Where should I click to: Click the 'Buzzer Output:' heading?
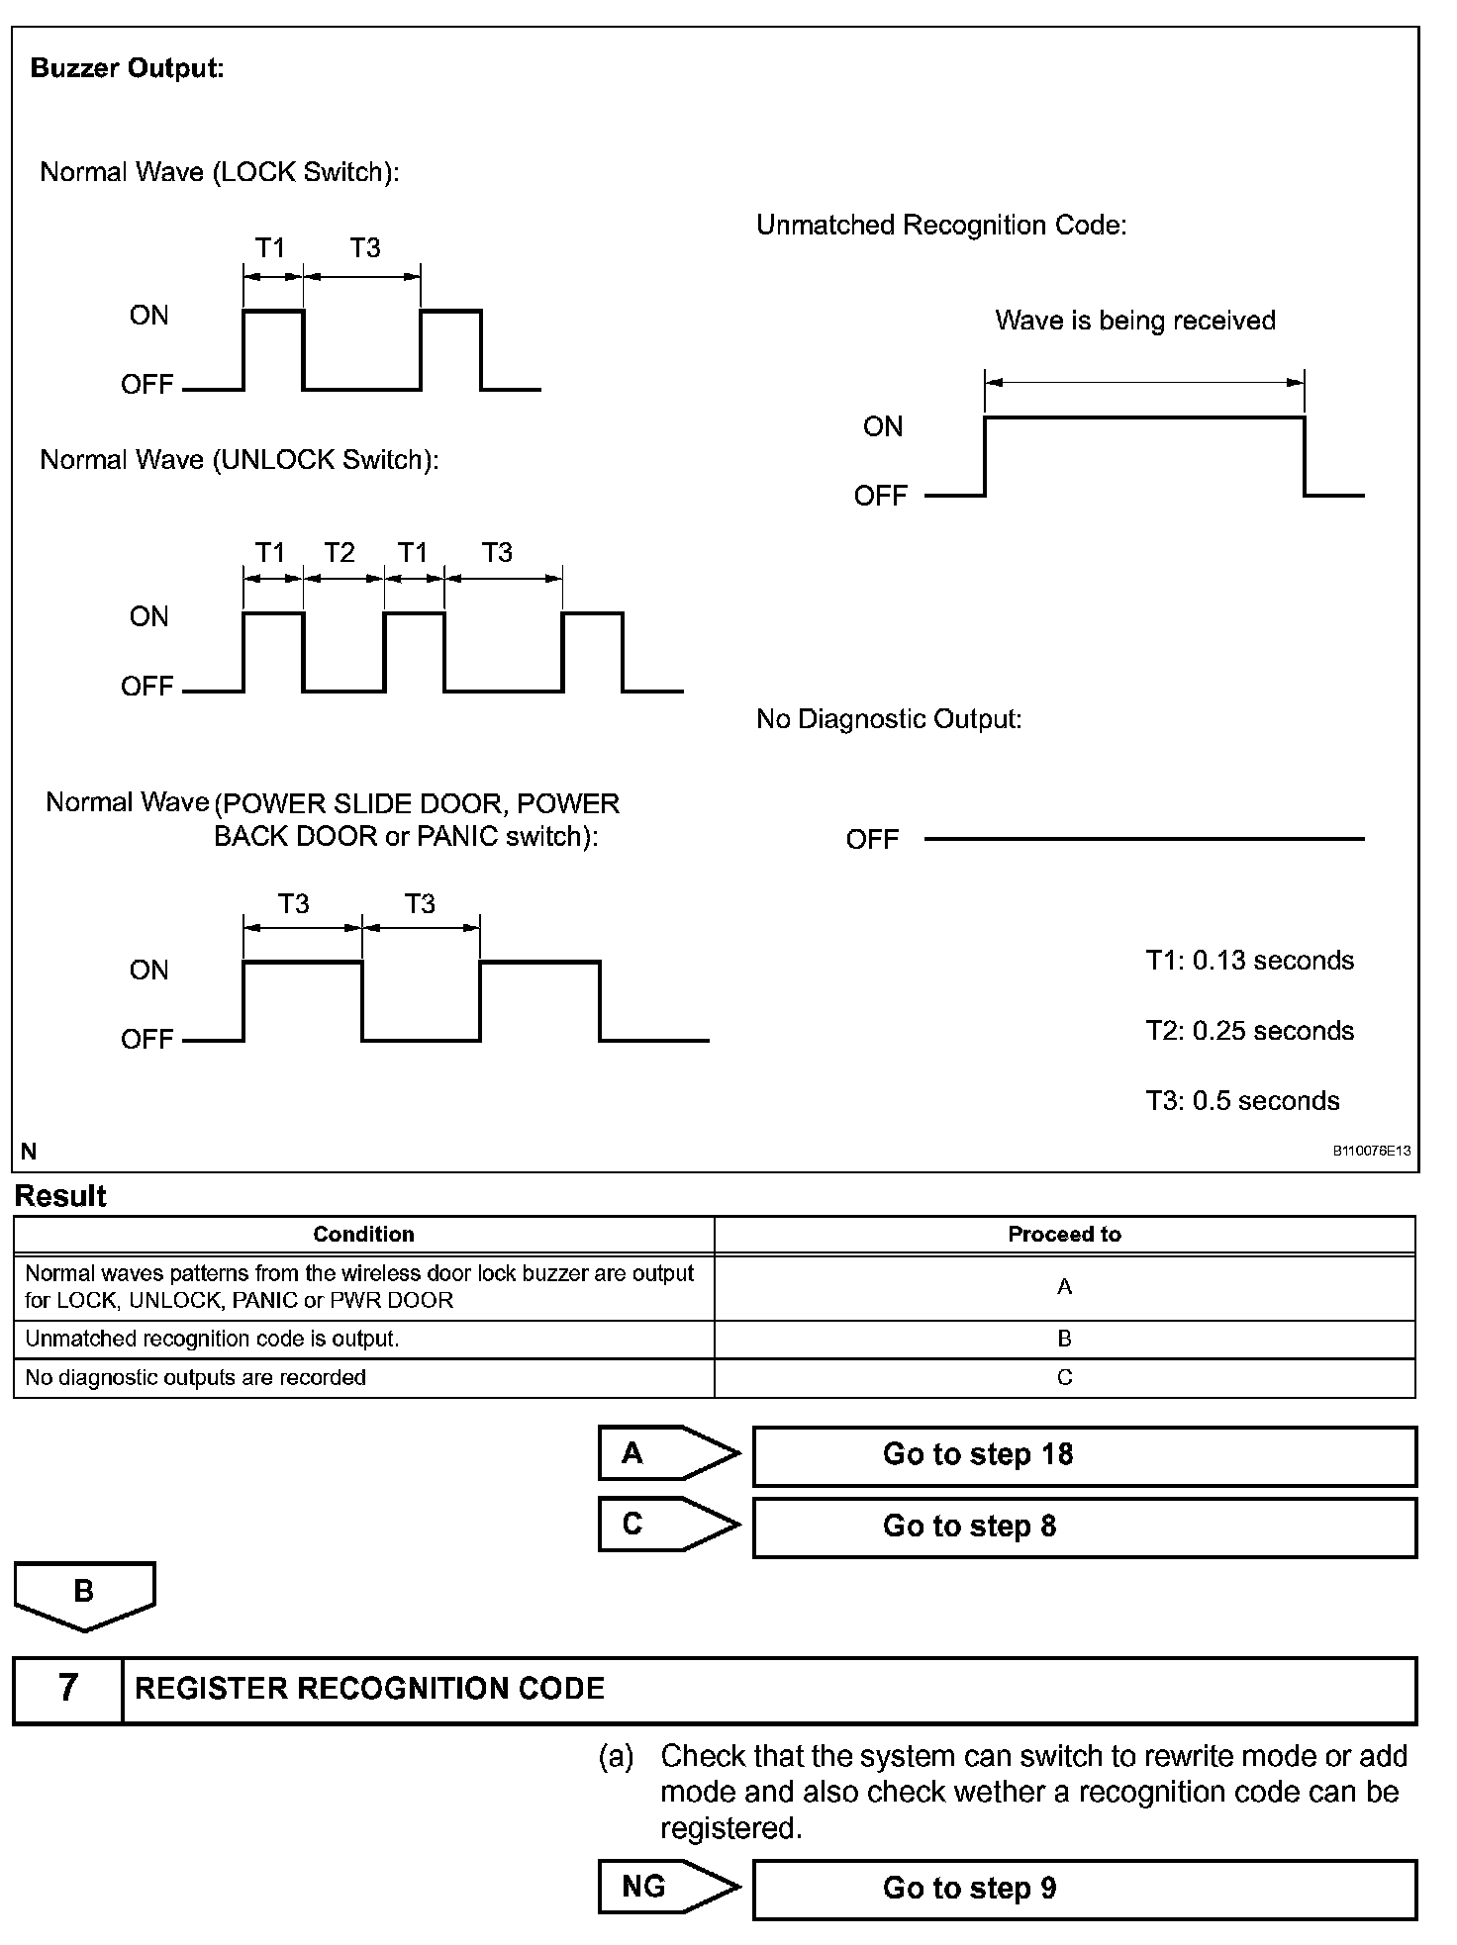click(x=128, y=68)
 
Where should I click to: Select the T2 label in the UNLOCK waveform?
click(x=340, y=552)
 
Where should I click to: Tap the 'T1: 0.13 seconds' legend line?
click(x=1249, y=961)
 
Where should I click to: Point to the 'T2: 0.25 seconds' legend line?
click(x=1249, y=1031)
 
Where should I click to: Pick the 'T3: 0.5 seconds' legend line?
click(x=1242, y=1101)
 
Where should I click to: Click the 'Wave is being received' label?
click(x=1134, y=321)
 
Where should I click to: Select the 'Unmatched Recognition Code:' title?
click(x=941, y=226)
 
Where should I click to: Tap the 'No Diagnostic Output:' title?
click(x=889, y=719)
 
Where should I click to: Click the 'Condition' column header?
click(x=363, y=1235)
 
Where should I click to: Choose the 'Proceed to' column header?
click(x=1064, y=1235)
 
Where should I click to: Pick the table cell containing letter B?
click(x=1064, y=1339)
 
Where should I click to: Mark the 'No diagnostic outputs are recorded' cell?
click(x=195, y=1377)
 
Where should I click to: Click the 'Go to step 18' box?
click(x=1084, y=1455)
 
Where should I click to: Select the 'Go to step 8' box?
click(x=1084, y=1527)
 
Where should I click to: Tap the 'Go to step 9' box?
click(x=1084, y=1889)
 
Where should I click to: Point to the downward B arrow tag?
click(x=84, y=1594)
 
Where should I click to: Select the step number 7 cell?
click(x=67, y=1688)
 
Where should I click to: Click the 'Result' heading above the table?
click(x=60, y=1196)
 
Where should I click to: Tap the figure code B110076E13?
click(x=1371, y=1151)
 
